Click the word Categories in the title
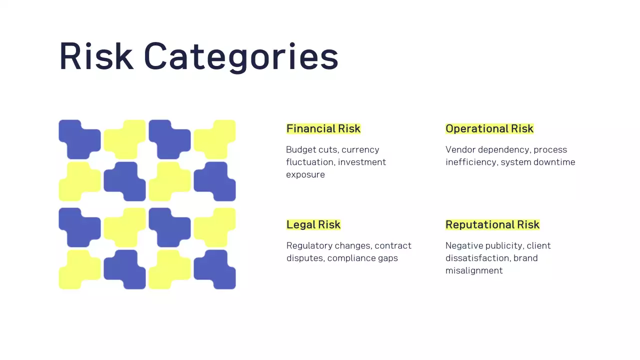click(x=241, y=56)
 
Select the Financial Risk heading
click(x=323, y=128)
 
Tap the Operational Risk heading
click(x=489, y=128)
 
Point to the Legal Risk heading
click(x=313, y=224)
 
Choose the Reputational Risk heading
click(x=492, y=224)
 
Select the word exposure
click(x=305, y=174)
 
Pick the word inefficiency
click(x=470, y=162)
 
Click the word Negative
click(x=462, y=245)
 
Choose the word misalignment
click(x=474, y=270)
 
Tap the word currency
click(x=360, y=149)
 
